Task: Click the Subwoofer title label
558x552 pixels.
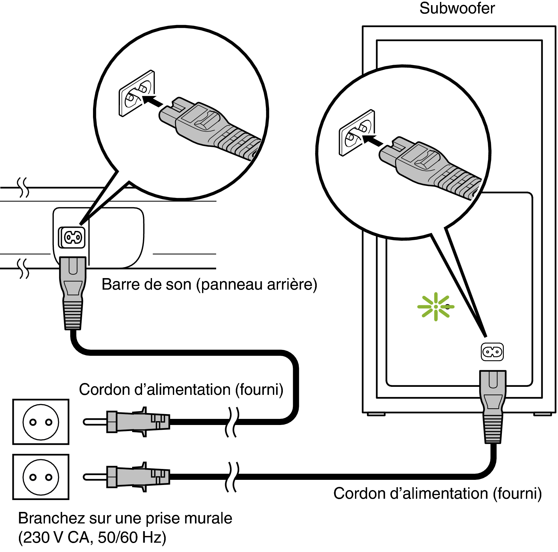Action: (x=457, y=8)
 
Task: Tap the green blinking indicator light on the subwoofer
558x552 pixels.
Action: (x=436, y=307)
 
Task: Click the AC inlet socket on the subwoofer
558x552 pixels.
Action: (x=492, y=352)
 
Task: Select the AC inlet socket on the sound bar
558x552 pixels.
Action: (x=73, y=238)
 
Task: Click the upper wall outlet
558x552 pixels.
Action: (x=41, y=422)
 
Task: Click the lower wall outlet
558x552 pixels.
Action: (x=41, y=477)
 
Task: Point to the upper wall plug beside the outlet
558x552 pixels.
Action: (x=128, y=421)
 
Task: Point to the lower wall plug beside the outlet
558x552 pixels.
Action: (x=128, y=477)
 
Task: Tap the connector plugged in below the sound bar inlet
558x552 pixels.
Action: (x=73, y=292)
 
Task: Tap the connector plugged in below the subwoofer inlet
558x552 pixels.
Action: (x=493, y=406)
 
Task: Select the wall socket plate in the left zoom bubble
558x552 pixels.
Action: (x=136, y=94)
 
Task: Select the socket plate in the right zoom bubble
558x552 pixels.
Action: (x=357, y=133)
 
